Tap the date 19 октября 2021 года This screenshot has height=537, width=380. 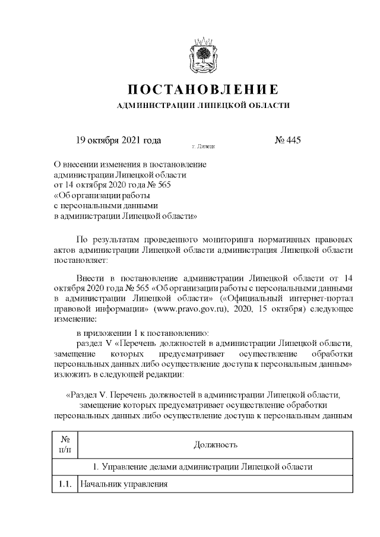(x=119, y=141)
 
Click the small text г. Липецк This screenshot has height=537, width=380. (x=204, y=145)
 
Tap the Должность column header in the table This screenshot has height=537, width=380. (x=216, y=444)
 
